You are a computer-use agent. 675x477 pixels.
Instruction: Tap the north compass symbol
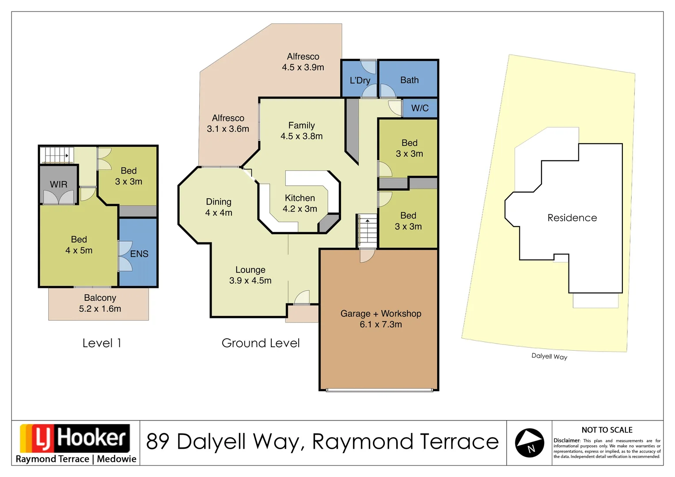coord(529,443)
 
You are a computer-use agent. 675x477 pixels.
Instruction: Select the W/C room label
coord(420,108)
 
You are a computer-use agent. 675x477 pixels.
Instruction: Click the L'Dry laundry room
coord(360,80)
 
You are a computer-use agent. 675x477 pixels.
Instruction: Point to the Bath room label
coord(409,80)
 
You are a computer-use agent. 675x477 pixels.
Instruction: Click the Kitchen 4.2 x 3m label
coord(300,204)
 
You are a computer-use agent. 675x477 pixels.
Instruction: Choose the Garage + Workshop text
coord(381,314)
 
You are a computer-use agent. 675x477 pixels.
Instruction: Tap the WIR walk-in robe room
coord(58,185)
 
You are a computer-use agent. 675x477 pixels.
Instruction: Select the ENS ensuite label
coord(139,254)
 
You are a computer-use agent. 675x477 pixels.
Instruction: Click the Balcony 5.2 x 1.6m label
coord(100,303)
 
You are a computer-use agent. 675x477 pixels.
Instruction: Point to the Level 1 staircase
coord(56,155)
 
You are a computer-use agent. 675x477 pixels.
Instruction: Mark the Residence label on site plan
coord(572,218)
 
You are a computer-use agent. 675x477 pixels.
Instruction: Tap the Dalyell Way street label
coord(549,356)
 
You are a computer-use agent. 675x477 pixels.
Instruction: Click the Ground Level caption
coord(261,343)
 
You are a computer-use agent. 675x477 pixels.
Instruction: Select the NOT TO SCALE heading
coord(607,430)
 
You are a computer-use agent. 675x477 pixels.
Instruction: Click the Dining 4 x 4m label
coord(219,207)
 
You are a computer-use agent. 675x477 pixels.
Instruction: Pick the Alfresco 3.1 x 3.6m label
coord(228,124)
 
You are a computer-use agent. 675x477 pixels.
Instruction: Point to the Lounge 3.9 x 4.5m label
coord(250,275)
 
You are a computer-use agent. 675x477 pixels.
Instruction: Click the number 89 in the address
coord(158,442)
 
